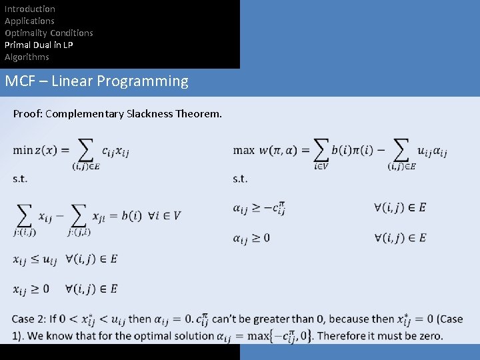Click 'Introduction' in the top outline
30,9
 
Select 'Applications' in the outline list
29,21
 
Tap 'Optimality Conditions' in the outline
49,33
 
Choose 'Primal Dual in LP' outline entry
39,45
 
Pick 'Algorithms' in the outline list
27,57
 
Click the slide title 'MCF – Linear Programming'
97,81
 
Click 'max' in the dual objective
244,150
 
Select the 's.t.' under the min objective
20,179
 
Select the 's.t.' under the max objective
240,179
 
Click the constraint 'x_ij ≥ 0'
31,289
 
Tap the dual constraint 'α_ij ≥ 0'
251,238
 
